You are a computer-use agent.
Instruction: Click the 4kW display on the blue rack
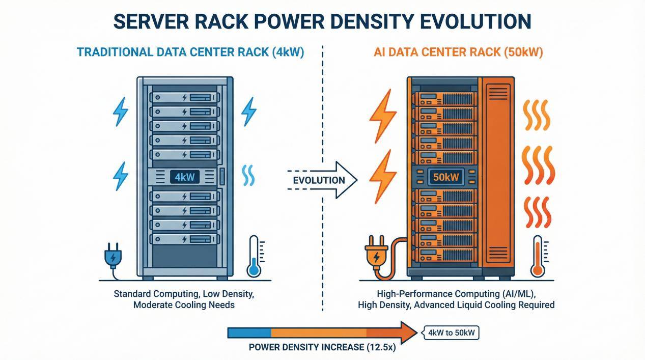pos(184,177)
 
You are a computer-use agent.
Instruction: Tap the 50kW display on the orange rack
pos(446,178)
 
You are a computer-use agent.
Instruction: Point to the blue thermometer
pos(253,257)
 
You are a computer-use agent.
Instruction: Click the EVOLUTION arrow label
pos(319,180)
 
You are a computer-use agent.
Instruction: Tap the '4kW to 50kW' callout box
pos(450,334)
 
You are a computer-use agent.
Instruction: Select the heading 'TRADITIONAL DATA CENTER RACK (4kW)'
pos(190,52)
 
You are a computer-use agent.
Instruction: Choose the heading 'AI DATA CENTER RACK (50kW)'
pos(458,52)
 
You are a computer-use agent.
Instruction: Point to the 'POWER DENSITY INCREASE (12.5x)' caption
pos(322,348)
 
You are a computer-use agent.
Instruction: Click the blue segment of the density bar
pos(249,333)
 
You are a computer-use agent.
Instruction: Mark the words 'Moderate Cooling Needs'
pos(184,305)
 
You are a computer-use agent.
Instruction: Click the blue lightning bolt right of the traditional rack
pos(248,111)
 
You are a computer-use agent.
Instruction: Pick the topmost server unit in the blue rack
pos(184,96)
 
